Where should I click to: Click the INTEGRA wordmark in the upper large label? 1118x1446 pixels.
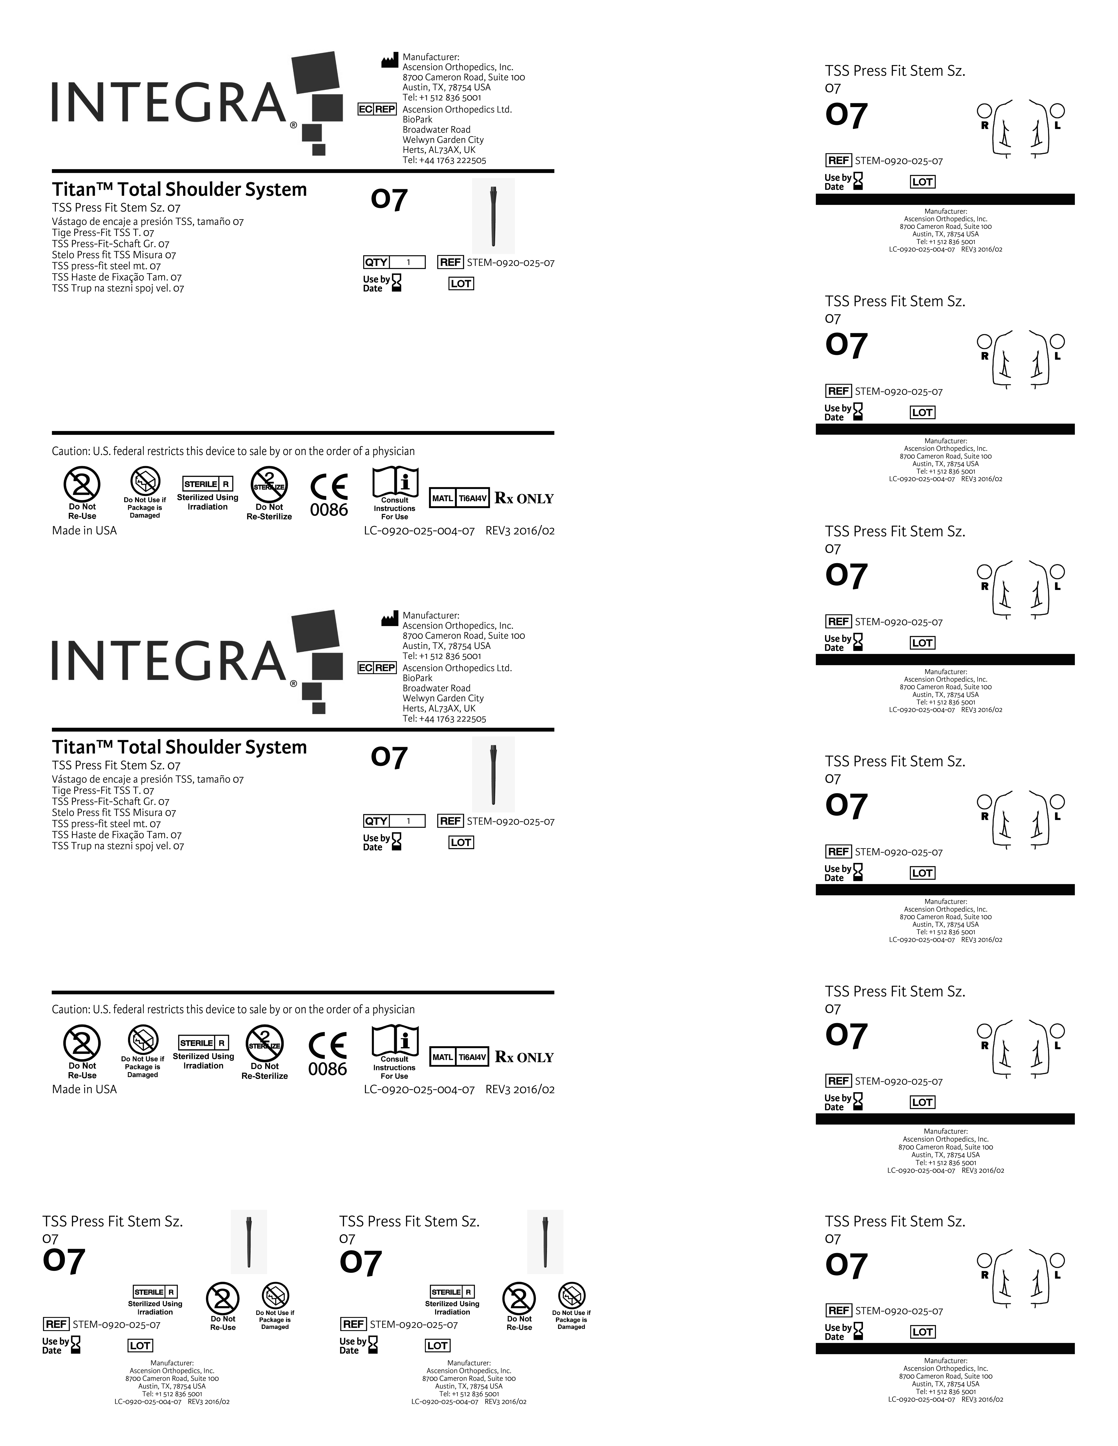pyautogui.click(x=169, y=103)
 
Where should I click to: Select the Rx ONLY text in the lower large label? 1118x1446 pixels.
pyautogui.click(x=524, y=1057)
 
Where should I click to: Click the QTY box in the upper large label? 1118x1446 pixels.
pyautogui.click(x=394, y=262)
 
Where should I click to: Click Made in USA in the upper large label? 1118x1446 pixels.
pyautogui.click(x=84, y=530)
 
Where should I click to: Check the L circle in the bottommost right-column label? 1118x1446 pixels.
pyautogui.click(x=1058, y=1260)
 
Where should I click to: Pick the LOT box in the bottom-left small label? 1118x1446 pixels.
pyautogui.click(x=140, y=1345)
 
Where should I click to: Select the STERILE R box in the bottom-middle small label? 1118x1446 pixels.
pyautogui.click(x=452, y=1292)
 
